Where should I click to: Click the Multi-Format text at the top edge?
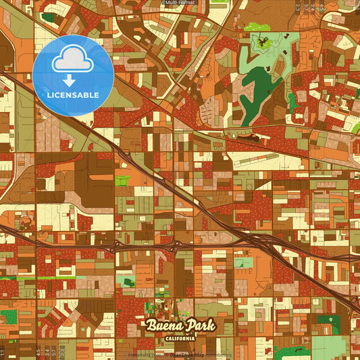tap(179, 3)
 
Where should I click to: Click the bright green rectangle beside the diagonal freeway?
tap(122, 181)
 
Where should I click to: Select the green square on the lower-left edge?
tap(9, 315)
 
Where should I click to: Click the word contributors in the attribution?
tap(219, 354)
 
